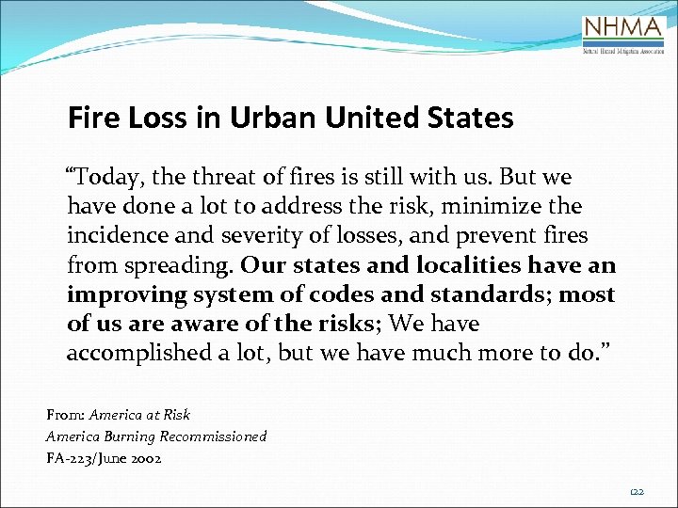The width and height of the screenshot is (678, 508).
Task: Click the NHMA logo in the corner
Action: click(624, 36)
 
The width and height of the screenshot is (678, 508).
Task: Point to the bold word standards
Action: click(492, 294)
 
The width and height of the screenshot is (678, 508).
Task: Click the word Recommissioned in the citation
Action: click(214, 437)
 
